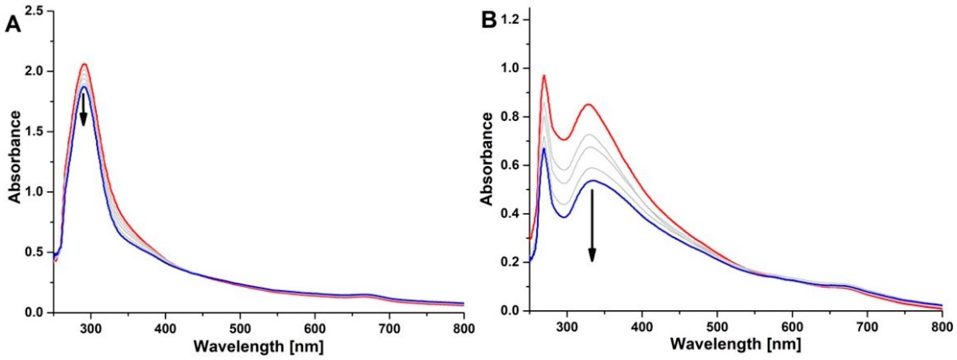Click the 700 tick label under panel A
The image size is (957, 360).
point(389,328)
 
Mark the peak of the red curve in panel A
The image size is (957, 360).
point(85,64)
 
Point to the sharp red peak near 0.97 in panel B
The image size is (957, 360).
point(544,76)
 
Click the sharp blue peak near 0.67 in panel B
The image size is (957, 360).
point(544,148)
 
